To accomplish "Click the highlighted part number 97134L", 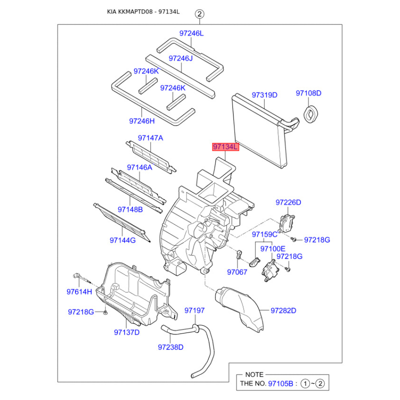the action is [225, 147].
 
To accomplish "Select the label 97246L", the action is [191, 33].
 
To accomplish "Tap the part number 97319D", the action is [264, 95].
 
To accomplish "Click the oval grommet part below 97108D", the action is [310, 115].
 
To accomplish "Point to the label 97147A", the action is [150, 138].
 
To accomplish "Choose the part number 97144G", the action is [122, 240].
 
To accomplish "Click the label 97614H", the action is [79, 292].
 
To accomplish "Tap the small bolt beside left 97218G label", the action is [105, 312].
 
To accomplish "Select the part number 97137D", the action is [126, 332].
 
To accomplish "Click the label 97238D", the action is [170, 347].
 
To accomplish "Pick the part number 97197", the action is [194, 310].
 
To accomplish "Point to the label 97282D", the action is [283, 310].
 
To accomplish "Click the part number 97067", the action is [237, 272].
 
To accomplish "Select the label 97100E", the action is [272, 248].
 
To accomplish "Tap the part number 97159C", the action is [264, 234].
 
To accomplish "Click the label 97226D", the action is [288, 202].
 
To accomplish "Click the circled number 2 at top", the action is [199, 14].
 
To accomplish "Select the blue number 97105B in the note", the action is [280, 383].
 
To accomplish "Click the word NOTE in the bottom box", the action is [254, 374].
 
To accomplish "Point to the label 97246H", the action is [142, 121].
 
